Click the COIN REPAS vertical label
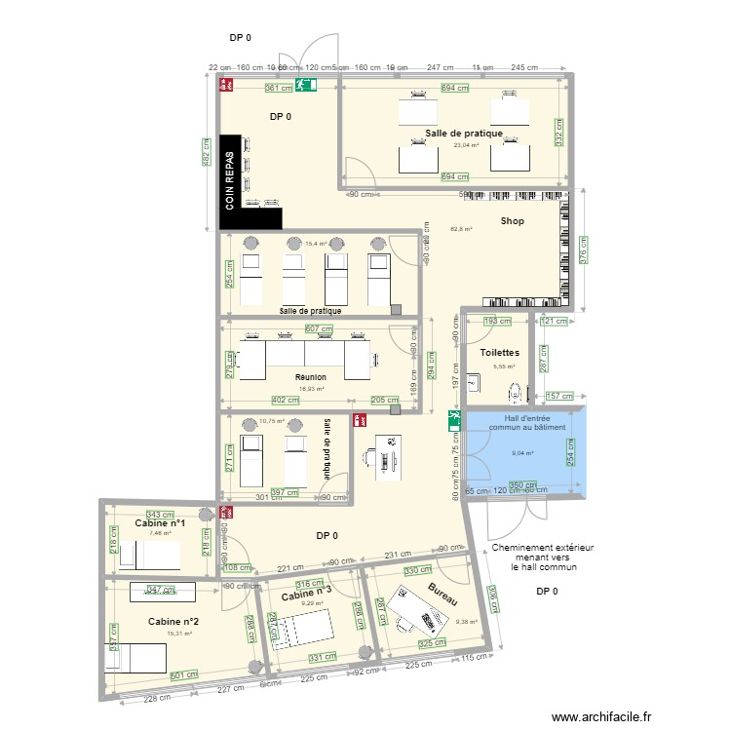click(230, 181)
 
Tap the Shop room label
click(513, 221)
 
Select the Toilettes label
click(499, 352)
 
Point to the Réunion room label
click(311, 376)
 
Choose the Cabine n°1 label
click(160, 522)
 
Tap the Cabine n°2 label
click(173, 622)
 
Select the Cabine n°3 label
click(307, 593)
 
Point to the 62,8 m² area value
click(461, 229)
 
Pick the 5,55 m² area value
click(504, 366)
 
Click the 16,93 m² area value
click(311, 388)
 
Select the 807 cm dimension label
click(319, 329)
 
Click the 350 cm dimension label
click(523, 485)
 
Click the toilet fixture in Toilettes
click(516, 392)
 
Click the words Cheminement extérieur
click(543, 549)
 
